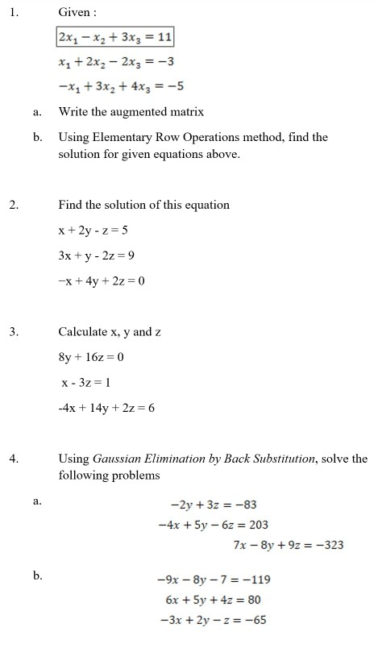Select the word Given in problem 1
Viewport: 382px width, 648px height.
[73, 14]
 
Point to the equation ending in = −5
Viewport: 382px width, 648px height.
[117, 86]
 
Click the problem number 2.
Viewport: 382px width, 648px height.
[13, 205]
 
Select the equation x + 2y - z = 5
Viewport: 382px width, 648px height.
[93, 230]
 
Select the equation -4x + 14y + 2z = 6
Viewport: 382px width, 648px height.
[106, 408]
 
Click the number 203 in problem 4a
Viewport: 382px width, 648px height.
[258, 525]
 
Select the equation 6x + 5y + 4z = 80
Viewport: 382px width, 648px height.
[213, 600]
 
